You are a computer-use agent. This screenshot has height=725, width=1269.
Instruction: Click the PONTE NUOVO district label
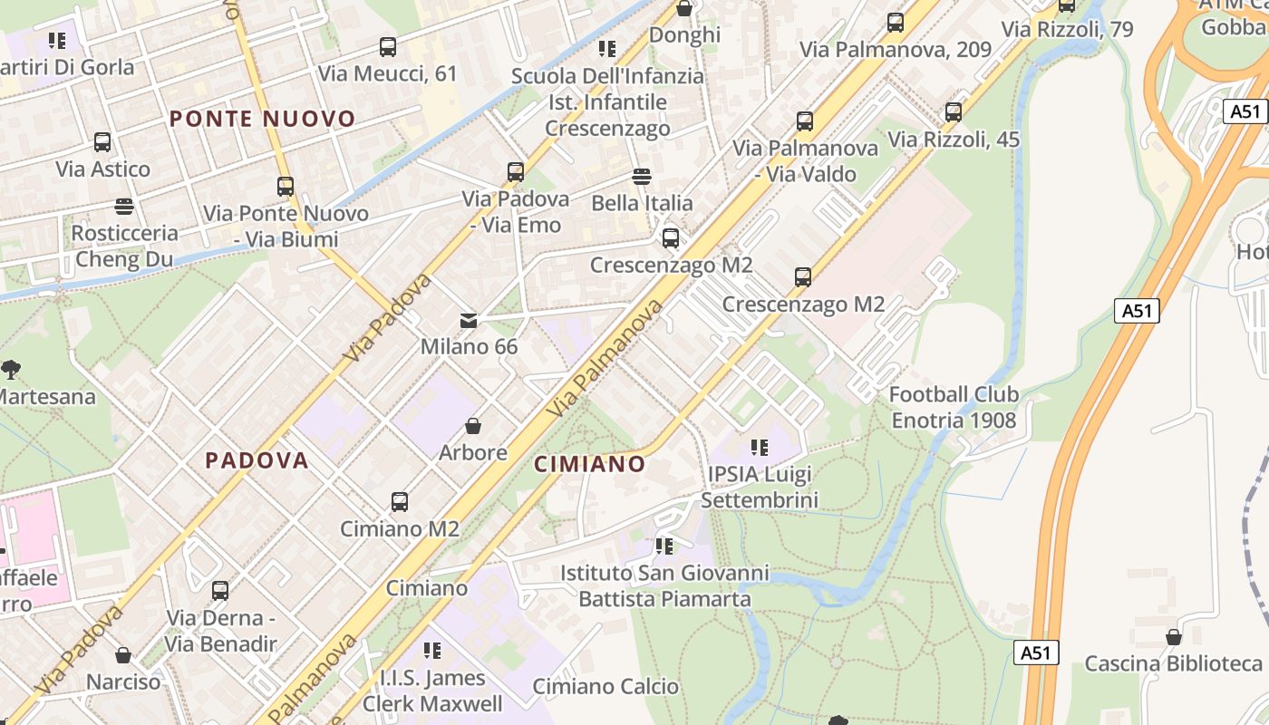pos(262,119)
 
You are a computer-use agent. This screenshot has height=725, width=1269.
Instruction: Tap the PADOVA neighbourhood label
pos(257,460)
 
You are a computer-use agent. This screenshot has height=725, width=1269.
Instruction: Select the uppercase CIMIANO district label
pos(589,464)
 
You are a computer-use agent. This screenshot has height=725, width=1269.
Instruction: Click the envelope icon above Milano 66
pos(469,320)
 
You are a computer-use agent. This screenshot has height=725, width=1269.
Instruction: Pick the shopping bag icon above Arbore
pos(472,425)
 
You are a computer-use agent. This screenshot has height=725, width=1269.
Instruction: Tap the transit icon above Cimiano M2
pos(399,501)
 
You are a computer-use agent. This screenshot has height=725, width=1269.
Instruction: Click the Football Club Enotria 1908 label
pos(954,407)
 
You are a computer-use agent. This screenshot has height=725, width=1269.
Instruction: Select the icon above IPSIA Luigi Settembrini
pos(760,447)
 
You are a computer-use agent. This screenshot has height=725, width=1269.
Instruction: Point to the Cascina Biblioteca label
pos(1173,663)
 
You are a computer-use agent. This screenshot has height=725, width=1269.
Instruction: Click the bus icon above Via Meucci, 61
pos(388,47)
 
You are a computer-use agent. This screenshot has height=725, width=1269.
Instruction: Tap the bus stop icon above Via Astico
pos(102,142)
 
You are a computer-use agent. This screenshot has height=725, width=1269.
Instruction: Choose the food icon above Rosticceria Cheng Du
pos(124,207)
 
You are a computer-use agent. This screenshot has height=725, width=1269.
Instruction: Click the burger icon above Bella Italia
pos(642,176)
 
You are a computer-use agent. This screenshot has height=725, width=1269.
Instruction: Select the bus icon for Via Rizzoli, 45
pos(954,112)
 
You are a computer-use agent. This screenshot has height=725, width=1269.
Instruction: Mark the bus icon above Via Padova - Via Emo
pos(516,171)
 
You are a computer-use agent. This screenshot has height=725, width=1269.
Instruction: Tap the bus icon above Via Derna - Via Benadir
pos(220,591)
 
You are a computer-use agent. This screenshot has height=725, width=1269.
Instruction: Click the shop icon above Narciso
pos(123,654)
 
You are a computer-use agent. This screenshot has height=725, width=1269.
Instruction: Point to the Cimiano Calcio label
pos(605,686)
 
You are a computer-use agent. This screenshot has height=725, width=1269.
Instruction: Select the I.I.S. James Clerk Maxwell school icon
pos(432,650)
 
